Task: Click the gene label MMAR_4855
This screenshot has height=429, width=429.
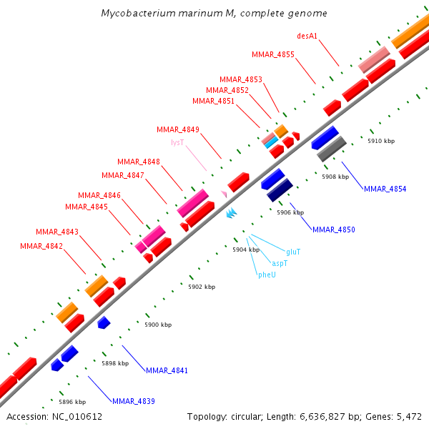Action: (x=272, y=54)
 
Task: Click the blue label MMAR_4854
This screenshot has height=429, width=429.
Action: (x=385, y=189)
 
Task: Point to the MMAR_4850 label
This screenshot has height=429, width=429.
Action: (x=333, y=230)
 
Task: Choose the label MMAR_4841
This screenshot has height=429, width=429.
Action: (x=167, y=370)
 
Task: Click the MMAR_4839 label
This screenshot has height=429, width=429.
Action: (x=133, y=400)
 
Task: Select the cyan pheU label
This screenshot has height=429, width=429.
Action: (x=267, y=275)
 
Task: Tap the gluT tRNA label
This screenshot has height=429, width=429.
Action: (x=293, y=252)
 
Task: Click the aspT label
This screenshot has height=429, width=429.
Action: (x=280, y=263)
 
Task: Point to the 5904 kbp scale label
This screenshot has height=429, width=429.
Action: (x=245, y=250)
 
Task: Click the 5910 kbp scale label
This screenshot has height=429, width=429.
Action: (x=380, y=141)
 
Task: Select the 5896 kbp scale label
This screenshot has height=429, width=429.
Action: (x=71, y=401)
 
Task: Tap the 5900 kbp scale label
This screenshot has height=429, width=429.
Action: (x=157, y=325)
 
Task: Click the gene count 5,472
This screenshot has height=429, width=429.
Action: (x=407, y=416)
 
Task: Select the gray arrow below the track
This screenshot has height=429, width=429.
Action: (x=331, y=148)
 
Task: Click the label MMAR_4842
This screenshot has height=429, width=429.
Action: (x=41, y=246)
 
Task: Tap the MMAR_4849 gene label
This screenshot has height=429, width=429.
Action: (x=177, y=129)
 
